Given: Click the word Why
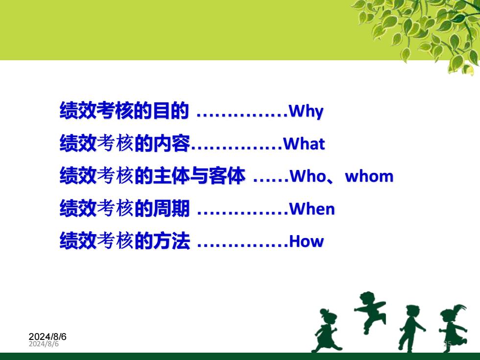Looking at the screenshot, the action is [x=306, y=111].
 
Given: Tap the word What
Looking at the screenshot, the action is [x=304, y=144].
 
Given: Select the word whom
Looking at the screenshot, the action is [x=369, y=176].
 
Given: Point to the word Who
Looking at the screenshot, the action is [x=308, y=176].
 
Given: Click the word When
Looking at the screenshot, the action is [x=312, y=209].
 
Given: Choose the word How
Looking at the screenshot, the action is [x=306, y=241].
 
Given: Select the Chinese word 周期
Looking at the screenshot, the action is [x=171, y=208].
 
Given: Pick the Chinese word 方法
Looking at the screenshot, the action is [x=171, y=240].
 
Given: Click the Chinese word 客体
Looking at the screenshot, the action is [x=227, y=176].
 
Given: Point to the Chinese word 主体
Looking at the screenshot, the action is [x=171, y=176].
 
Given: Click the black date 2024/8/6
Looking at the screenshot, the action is [x=48, y=337].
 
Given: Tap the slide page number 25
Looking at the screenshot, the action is [x=448, y=344].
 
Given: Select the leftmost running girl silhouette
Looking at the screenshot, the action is [x=326, y=331].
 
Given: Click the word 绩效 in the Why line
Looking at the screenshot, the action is [x=78, y=110].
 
